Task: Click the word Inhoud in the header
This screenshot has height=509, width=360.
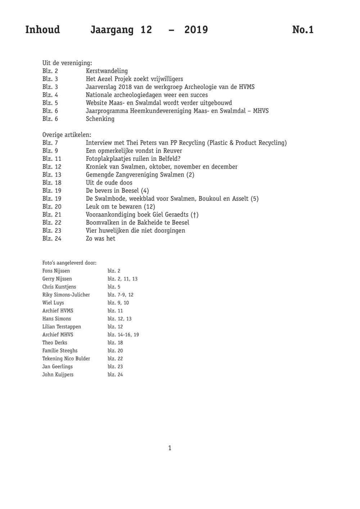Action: point(42,29)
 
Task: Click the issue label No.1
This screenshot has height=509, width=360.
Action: point(303,29)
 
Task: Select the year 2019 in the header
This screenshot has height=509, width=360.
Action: point(196,29)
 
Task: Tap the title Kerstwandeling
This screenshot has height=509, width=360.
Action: point(107,71)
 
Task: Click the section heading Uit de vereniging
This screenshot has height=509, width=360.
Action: point(67,63)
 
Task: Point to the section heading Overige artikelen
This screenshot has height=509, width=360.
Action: point(67,135)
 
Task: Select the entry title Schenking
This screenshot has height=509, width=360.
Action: point(100,119)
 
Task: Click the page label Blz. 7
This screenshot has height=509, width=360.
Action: point(50,143)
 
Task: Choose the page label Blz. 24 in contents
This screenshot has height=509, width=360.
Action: point(52,238)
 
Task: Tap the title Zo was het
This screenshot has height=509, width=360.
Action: point(100,238)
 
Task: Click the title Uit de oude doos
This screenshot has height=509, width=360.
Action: point(109,183)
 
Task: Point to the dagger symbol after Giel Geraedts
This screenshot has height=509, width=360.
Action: point(195,215)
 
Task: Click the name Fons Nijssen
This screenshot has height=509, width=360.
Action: point(56,271)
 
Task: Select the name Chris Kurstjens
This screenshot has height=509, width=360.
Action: point(59,287)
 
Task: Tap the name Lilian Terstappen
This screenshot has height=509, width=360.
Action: point(62,327)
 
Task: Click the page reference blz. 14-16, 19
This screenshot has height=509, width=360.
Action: point(123,335)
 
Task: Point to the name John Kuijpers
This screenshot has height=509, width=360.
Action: point(58,374)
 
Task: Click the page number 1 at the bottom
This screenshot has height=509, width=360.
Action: point(170,448)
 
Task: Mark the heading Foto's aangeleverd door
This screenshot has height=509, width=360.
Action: point(69,263)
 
